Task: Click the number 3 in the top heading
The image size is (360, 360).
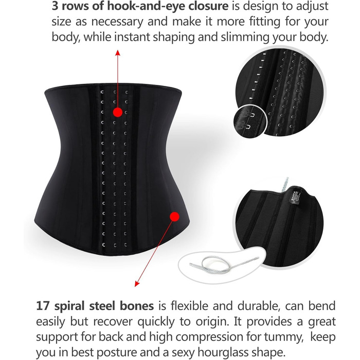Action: coord(55,6)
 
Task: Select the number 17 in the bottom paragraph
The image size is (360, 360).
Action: coord(43,306)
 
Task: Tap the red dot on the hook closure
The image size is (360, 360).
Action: coord(118,112)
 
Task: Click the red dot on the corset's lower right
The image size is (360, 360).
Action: coord(174,217)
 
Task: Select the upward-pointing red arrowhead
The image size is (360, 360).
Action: coord(118,52)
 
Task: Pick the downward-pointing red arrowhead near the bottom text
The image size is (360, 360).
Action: coord(137,284)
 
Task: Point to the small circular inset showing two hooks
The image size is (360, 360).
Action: coord(250,121)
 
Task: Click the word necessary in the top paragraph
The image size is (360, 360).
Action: coord(117,22)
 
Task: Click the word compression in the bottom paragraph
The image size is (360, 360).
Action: coord(210,337)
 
